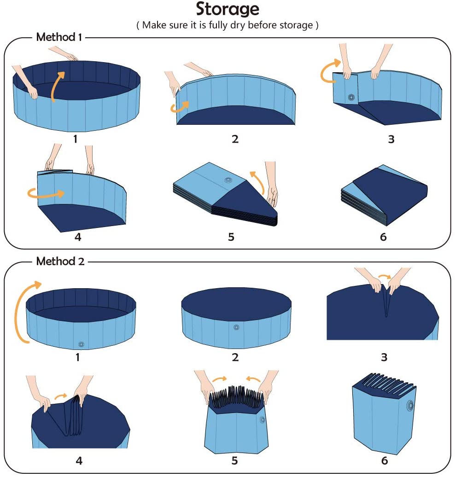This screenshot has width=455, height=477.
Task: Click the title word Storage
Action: click(x=227, y=9)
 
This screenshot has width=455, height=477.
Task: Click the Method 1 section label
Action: click(x=59, y=37)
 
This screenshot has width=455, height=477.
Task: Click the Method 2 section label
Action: click(x=60, y=262)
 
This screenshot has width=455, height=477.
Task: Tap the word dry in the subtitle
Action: click(x=238, y=25)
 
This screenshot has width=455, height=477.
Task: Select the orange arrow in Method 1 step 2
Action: click(x=179, y=107)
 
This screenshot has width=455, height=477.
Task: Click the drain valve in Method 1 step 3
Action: click(x=351, y=97)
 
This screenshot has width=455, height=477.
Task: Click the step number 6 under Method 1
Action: click(x=383, y=237)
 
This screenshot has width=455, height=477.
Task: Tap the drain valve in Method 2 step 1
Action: click(x=81, y=344)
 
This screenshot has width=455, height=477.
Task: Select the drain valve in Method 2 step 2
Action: click(x=236, y=328)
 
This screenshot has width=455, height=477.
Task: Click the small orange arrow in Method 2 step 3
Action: click(x=384, y=277)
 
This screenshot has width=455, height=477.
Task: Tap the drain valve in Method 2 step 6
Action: click(x=409, y=406)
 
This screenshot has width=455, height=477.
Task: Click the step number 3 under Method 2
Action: click(x=384, y=357)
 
